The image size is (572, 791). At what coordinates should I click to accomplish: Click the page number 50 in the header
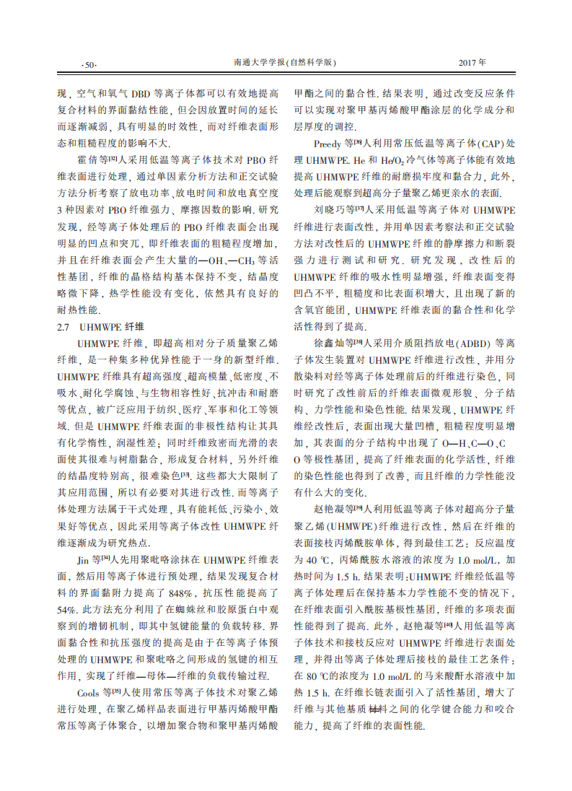pyautogui.click(x=90, y=64)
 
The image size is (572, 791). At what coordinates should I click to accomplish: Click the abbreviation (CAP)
pyautogui.click(x=485, y=144)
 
